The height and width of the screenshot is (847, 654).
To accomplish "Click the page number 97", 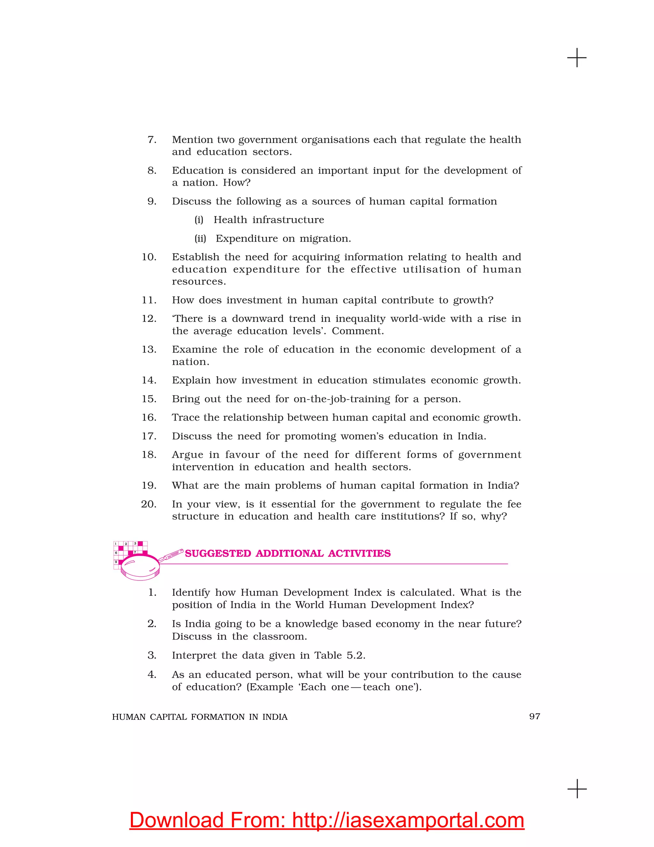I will click(534, 716).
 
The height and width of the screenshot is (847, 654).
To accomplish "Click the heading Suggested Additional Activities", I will click(287, 553).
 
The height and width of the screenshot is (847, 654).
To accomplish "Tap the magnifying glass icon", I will click(140, 566).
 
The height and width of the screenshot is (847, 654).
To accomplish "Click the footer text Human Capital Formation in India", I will click(200, 717).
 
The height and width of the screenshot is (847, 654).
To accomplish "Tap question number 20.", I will click(149, 504).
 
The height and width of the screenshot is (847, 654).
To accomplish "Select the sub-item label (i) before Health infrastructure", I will click(199, 220).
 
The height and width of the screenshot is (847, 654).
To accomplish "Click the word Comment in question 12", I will click(356, 331).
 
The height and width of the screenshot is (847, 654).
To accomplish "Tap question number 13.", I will click(149, 349).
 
